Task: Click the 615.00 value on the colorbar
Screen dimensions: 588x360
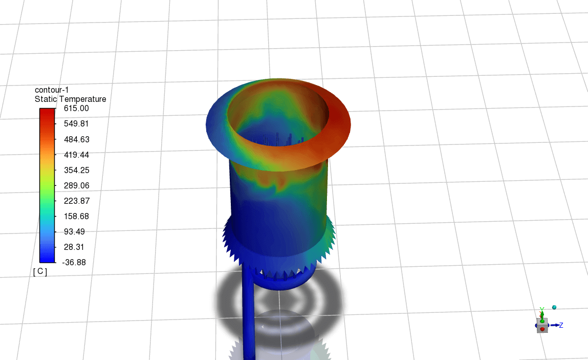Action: [76, 108]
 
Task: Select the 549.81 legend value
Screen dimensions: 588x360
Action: [76, 123]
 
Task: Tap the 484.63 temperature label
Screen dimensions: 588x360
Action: [76, 139]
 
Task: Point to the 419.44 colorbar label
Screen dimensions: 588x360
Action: [76, 155]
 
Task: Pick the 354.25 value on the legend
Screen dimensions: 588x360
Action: [76, 170]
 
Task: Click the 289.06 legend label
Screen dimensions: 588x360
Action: [76, 185]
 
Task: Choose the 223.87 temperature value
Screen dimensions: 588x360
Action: [76, 201]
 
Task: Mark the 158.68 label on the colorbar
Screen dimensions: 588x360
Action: [76, 216]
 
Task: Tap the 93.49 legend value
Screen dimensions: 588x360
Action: [74, 231]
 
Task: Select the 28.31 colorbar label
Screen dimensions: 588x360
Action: [74, 247]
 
